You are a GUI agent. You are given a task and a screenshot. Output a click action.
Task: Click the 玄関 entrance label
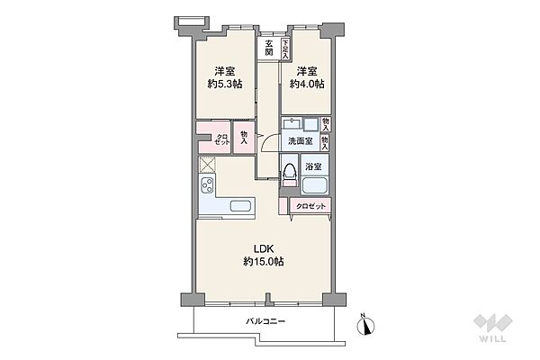[268, 47]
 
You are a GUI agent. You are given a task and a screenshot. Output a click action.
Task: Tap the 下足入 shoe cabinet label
[286, 47]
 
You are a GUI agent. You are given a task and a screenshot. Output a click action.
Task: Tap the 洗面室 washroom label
[299, 142]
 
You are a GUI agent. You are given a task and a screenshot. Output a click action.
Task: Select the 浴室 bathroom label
[314, 166]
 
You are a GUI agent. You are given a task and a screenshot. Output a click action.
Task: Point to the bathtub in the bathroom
[315, 187]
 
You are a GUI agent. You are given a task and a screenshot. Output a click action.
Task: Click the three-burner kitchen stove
[207, 187]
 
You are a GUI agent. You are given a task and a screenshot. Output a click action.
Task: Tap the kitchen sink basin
[240, 206]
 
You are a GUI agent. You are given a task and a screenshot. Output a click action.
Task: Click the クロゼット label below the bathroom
[311, 207]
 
